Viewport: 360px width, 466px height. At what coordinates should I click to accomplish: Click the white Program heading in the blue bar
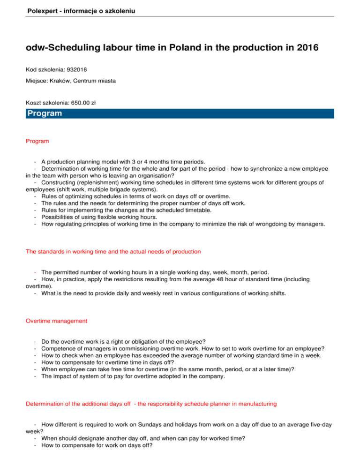coord(45,113)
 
